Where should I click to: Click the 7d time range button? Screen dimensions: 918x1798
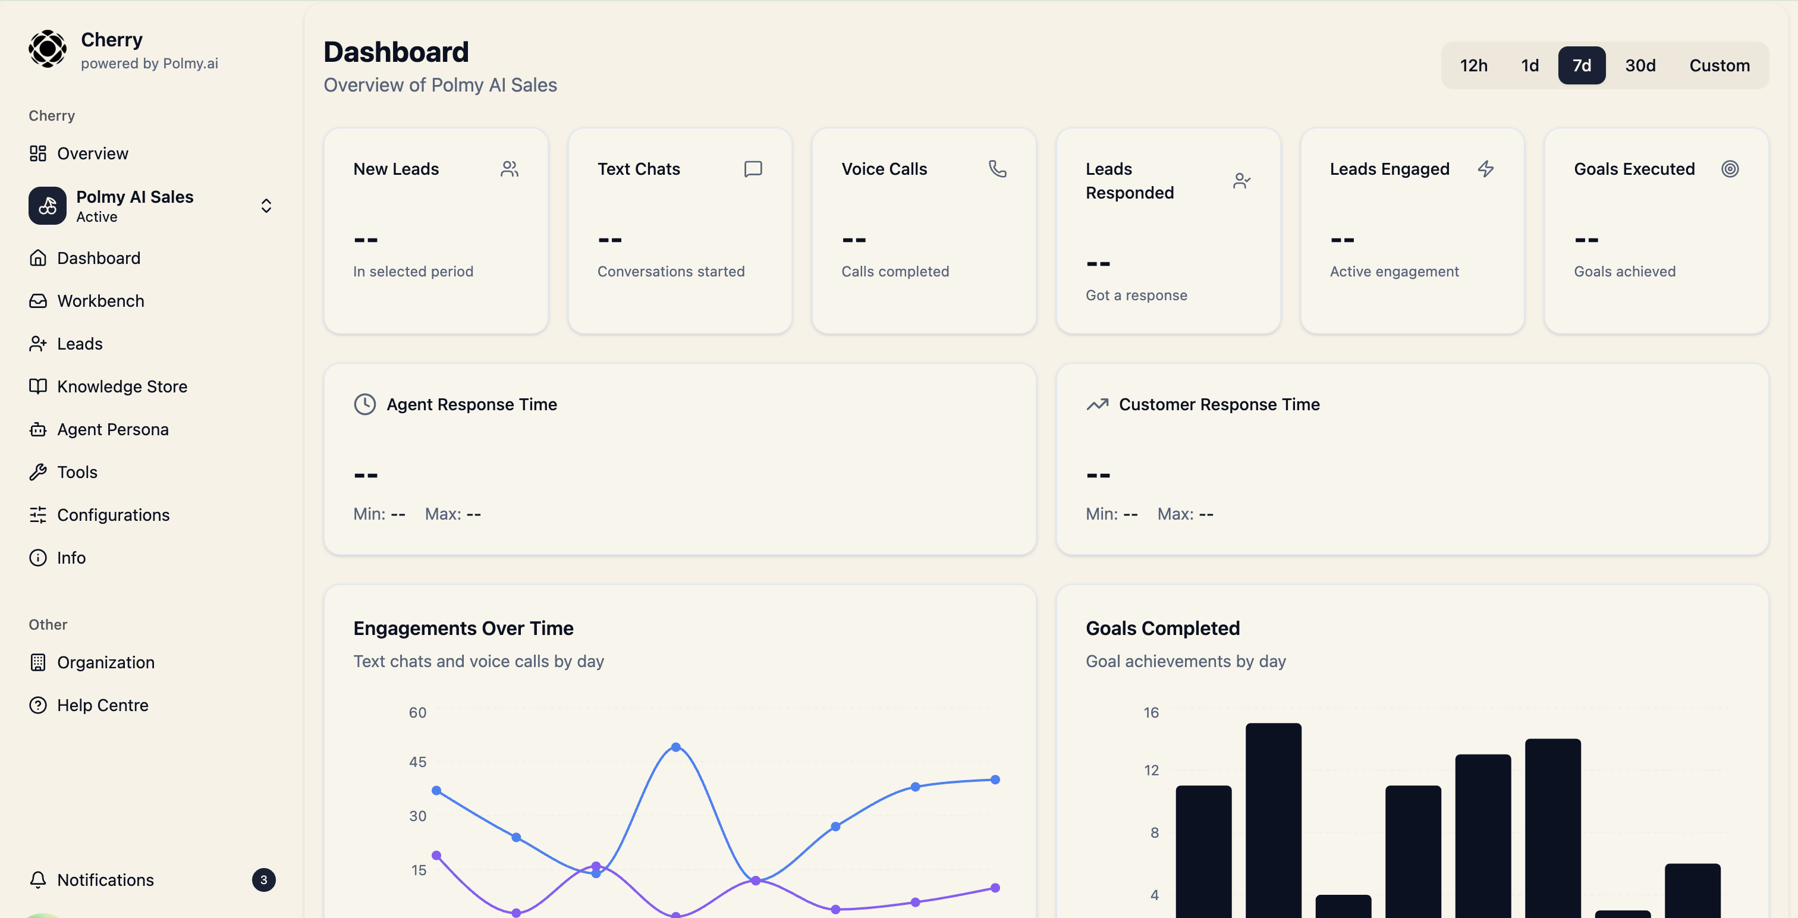click(x=1581, y=65)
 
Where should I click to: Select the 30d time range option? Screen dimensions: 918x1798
click(x=1640, y=65)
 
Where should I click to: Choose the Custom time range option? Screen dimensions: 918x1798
click(x=1718, y=65)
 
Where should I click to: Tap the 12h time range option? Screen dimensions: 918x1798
click(x=1473, y=65)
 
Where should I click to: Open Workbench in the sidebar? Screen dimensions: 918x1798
click(x=100, y=301)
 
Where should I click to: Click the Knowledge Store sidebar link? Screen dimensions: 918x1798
click(x=121, y=386)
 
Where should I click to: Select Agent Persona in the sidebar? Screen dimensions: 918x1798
click(x=112, y=429)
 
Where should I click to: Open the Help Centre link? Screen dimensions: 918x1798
click(x=103, y=705)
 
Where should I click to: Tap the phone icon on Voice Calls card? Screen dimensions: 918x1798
click(x=998, y=169)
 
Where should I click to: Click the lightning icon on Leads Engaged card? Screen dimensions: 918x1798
click(x=1485, y=169)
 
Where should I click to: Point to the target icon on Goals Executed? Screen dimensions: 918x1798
click(x=1730, y=169)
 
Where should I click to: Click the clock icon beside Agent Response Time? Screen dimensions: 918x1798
click(x=364, y=404)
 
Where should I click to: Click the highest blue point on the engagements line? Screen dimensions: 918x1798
click(x=675, y=747)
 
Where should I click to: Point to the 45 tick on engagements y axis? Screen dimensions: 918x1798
click(x=417, y=762)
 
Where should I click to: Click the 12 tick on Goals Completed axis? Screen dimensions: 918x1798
click(x=1151, y=770)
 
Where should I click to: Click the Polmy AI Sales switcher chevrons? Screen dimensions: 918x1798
click(x=266, y=206)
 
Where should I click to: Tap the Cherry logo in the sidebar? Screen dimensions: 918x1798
click(x=48, y=49)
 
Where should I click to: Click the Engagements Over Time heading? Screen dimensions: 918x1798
click(x=463, y=628)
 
